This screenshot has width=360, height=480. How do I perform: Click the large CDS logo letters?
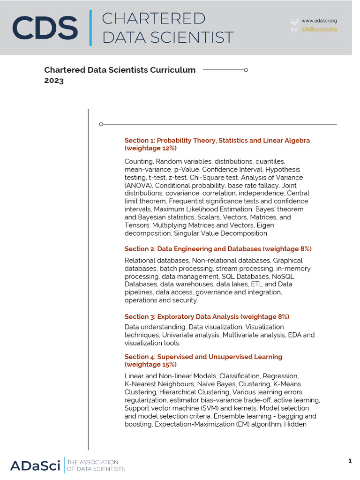pos(45,28)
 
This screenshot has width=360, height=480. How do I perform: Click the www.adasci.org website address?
pos(319,21)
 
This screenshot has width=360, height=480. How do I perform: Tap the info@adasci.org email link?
pos(319,29)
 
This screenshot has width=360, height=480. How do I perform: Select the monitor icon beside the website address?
pos(294,21)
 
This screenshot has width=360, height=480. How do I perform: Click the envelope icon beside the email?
pos(294,29)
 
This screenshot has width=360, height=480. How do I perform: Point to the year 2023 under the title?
pos(54,81)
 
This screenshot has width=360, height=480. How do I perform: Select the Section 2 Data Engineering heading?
pos(218,248)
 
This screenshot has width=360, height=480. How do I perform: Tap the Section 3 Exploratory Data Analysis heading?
pos(207,316)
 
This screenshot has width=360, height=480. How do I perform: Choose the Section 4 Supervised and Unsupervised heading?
pos(203,357)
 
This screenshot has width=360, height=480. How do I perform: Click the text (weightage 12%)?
pos(150,148)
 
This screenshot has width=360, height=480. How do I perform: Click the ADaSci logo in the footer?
pos(35,465)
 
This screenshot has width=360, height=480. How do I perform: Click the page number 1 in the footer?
pos(350,461)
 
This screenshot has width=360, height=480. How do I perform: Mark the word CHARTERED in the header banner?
pos(154,19)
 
